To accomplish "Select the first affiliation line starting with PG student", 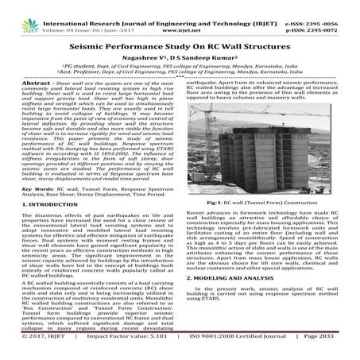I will click(180, 69).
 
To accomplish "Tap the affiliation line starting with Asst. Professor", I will click(180, 76).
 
